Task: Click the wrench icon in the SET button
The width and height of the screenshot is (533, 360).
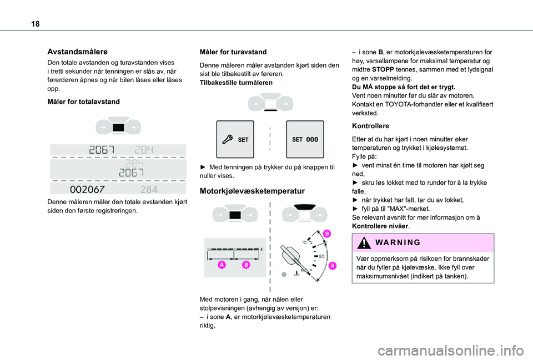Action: click(228, 140)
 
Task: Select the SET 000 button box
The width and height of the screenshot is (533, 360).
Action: click(305, 139)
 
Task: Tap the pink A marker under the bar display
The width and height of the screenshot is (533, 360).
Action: click(222, 266)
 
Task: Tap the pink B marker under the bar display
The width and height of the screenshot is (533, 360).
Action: click(245, 266)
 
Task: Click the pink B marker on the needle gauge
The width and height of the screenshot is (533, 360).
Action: click(327, 234)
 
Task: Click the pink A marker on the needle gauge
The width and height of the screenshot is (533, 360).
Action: click(332, 266)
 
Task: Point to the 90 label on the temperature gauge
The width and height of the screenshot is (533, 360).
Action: click(321, 256)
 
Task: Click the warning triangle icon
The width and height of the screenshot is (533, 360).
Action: click(363, 242)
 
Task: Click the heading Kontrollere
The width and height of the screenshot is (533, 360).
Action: click(370, 126)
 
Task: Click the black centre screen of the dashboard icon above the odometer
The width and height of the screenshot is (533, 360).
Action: click(118, 128)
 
